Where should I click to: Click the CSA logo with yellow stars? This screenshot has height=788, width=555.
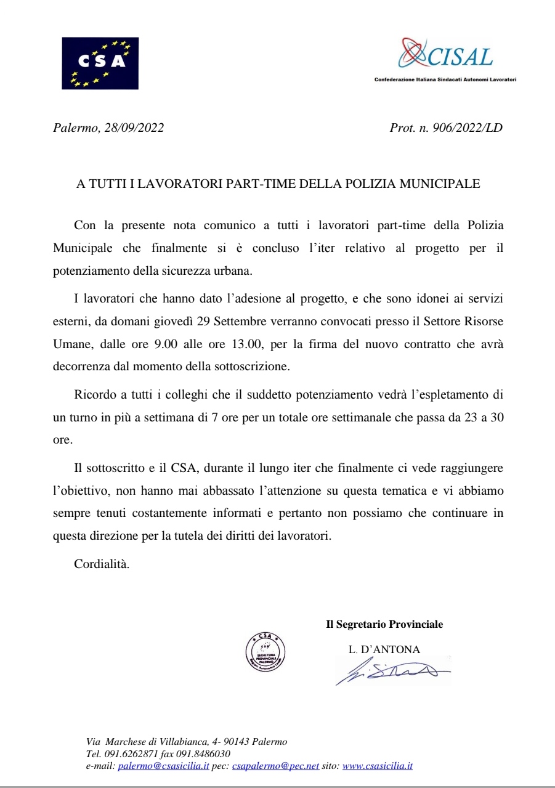click(100, 63)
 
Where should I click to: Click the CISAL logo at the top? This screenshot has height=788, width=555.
click(445, 56)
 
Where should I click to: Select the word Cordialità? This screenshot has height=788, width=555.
click(102, 564)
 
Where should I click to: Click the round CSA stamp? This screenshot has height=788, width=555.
click(265, 652)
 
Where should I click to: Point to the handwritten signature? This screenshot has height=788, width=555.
click(391, 671)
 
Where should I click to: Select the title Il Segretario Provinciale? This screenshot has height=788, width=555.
click(384, 624)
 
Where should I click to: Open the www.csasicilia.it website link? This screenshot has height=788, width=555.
click(377, 766)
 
